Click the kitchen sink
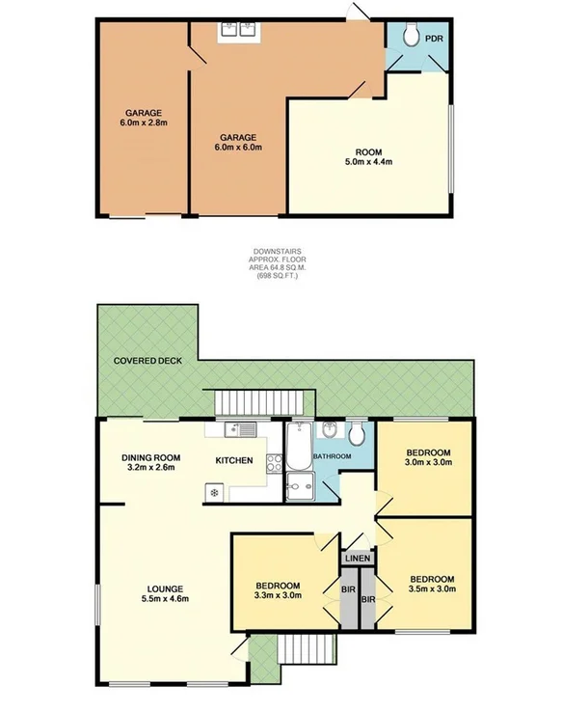coord(236,430)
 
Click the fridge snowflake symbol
coord(214,494)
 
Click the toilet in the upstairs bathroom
coord(357,431)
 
